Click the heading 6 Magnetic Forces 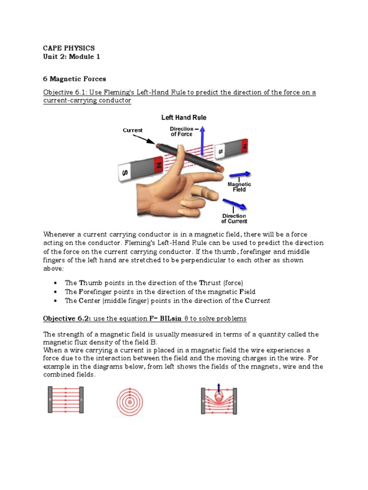(x=74, y=78)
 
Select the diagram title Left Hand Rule (x=184, y=118)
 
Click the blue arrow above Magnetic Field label (x=240, y=175)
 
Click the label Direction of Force (x=182, y=132)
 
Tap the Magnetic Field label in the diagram (x=239, y=187)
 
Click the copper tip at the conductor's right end (x=220, y=169)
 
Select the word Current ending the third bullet (x=258, y=301)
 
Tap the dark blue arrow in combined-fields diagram (x=218, y=387)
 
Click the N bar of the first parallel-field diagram (x=50, y=400)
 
